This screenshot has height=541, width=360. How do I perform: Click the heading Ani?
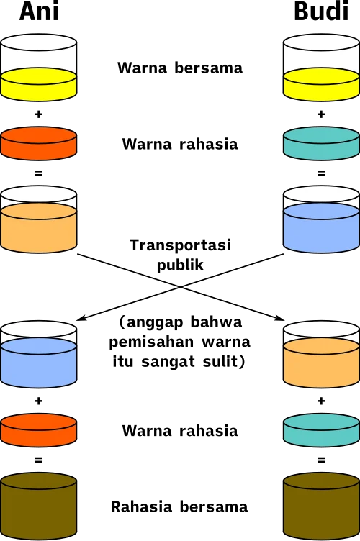(39, 11)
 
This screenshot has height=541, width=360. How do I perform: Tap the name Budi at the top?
(321, 11)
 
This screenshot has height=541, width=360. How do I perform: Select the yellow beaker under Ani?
(38, 68)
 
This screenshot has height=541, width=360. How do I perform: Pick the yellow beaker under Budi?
(321, 68)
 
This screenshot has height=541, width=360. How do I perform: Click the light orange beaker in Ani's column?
(38, 219)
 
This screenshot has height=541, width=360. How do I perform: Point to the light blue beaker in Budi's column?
(321, 219)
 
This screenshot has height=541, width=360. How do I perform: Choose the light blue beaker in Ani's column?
(38, 355)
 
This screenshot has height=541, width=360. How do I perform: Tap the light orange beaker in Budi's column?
(321, 355)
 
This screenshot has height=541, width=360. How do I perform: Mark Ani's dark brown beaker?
(38, 506)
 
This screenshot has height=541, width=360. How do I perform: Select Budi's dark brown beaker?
(321, 506)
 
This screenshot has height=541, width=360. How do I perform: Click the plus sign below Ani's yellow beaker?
(38, 114)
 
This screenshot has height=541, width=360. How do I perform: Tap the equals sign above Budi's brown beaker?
(321, 460)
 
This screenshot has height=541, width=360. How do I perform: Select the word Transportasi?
(180, 245)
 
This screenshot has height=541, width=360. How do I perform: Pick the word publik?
(180, 265)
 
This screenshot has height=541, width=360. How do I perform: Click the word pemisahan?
(151, 342)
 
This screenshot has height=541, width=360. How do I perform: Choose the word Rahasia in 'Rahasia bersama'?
(141, 507)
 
